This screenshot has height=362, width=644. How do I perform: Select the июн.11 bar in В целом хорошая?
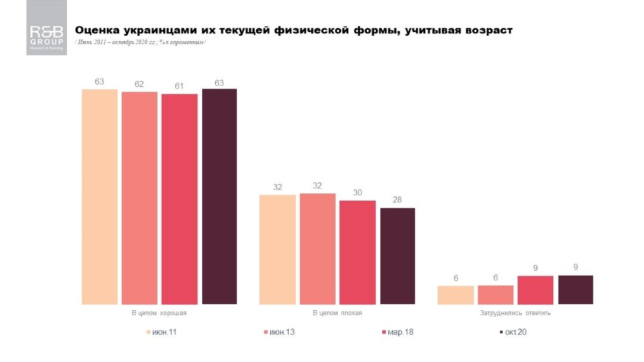click(x=100, y=196)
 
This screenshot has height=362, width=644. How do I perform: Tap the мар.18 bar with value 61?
click(x=179, y=199)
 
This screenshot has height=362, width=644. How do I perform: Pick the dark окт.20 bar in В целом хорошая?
click(x=219, y=196)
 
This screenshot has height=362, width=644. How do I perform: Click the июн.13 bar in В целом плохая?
click(x=317, y=249)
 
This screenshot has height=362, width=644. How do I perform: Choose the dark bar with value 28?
click(x=397, y=256)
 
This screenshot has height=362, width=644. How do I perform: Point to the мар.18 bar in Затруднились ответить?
click(x=535, y=290)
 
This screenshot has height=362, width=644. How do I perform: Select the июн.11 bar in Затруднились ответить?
click(x=456, y=295)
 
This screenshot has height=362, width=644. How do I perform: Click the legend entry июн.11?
click(x=162, y=332)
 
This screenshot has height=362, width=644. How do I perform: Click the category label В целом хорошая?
click(x=159, y=313)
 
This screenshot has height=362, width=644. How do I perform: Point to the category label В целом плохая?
click(x=337, y=313)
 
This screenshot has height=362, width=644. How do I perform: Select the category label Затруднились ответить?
click(x=515, y=313)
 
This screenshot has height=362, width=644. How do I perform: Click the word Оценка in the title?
click(x=96, y=30)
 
